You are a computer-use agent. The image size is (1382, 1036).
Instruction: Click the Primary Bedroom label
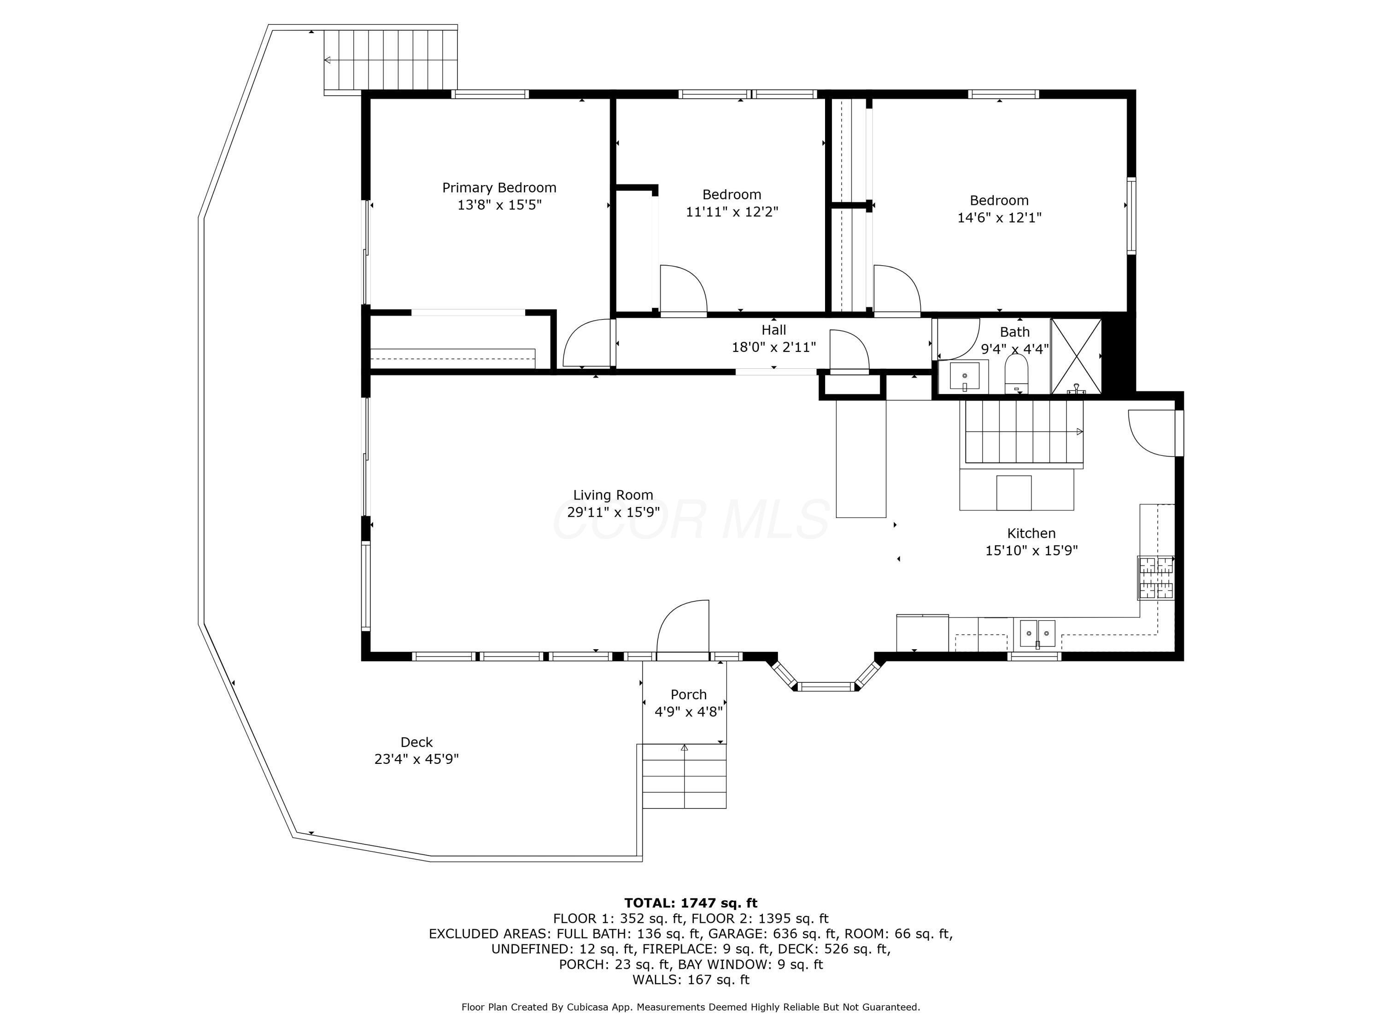click(x=499, y=187)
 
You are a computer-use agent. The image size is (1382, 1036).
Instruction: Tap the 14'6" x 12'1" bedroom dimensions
click(x=1000, y=217)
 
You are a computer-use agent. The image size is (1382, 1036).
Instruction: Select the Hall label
click(x=773, y=330)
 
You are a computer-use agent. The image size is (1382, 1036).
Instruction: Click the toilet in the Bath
click(x=1017, y=373)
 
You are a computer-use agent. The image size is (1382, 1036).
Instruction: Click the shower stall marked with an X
click(x=1076, y=356)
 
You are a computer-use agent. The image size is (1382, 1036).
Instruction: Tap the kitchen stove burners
click(x=1156, y=578)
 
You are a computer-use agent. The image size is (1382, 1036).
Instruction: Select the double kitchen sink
click(x=1038, y=633)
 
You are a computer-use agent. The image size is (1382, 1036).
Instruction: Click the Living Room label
click(x=613, y=495)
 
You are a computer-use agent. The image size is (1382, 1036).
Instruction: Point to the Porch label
click(x=689, y=694)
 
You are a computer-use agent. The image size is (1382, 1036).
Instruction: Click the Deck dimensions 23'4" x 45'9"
click(x=417, y=759)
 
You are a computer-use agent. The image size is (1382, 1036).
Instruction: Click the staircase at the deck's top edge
click(x=391, y=60)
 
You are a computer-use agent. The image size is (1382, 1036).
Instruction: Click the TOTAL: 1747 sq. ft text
click(x=691, y=903)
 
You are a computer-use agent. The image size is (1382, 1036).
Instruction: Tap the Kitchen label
click(x=1031, y=533)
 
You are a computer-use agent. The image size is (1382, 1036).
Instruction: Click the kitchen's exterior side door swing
click(x=1152, y=433)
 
